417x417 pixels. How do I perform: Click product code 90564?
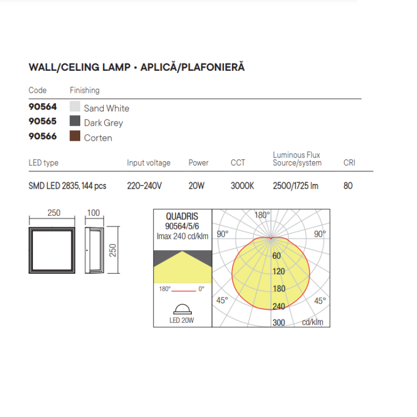pos(43,107)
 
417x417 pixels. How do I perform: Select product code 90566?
pos(43,136)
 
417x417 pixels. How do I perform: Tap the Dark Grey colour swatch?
pos(75,121)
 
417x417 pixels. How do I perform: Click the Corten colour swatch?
pos(75,136)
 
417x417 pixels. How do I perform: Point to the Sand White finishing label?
pos(106,108)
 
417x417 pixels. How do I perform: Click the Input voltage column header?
pos(149,163)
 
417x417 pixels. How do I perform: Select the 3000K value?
pos(242,186)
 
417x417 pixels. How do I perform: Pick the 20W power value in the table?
pos(197,186)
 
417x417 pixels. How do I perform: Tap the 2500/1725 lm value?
pos(296,186)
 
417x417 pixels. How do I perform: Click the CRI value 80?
pos(348,186)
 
